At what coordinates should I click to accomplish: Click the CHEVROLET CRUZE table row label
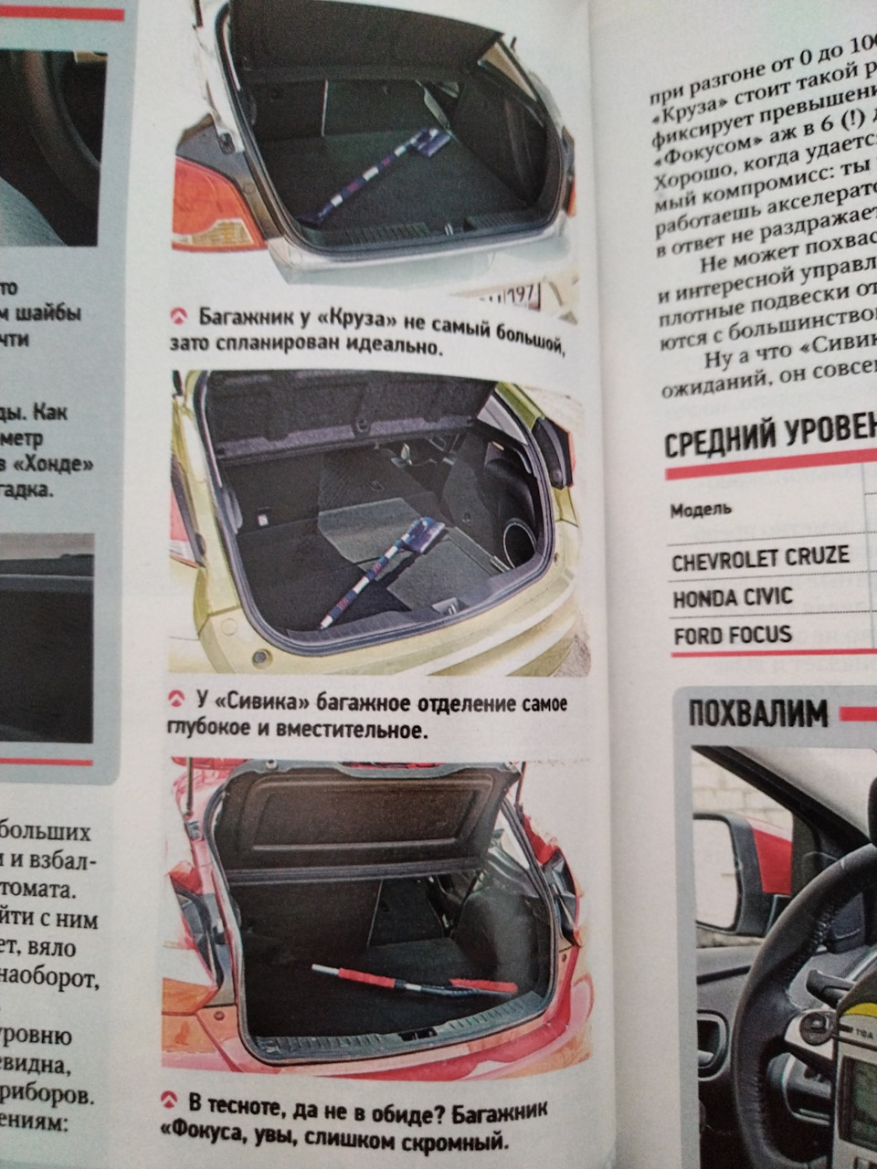pyautogui.click(x=759, y=558)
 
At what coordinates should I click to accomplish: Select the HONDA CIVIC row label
pyautogui.click(x=733, y=598)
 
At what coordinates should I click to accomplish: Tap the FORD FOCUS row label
pyautogui.click(x=733, y=635)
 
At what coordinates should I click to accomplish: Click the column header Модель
pyautogui.click(x=701, y=509)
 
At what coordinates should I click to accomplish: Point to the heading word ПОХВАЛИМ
pyautogui.click(x=757, y=712)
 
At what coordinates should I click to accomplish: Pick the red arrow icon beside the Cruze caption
pyautogui.click(x=179, y=317)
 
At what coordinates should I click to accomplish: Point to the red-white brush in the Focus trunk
pyautogui.click(x=411, y=981)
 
